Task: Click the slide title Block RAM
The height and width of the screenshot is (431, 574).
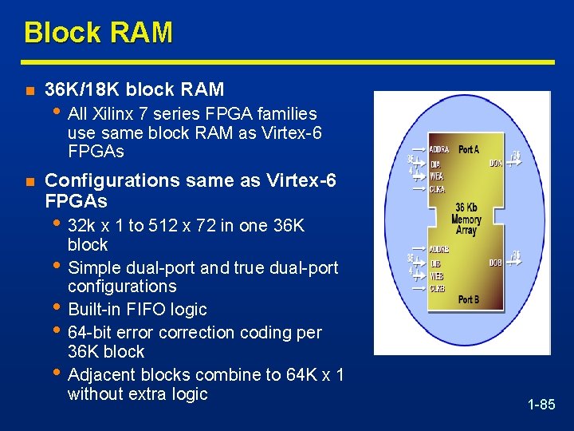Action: (x=98, y=33)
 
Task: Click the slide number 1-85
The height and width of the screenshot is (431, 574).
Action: (x=541, y=405)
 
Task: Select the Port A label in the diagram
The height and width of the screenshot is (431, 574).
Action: (x=470, y=149)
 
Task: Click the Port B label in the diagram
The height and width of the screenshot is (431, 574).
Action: (x=470, y=299)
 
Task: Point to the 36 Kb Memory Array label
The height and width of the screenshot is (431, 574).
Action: (x=466, y=219)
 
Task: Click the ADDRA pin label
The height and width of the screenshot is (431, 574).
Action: (x=439, y=149)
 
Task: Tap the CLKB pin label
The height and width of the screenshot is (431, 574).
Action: (x=438, y=288)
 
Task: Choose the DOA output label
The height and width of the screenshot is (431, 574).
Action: (x=496, y=163)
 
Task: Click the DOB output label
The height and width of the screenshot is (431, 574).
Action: (x=496, y=263)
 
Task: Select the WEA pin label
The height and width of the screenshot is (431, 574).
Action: (x=436, y=176)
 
